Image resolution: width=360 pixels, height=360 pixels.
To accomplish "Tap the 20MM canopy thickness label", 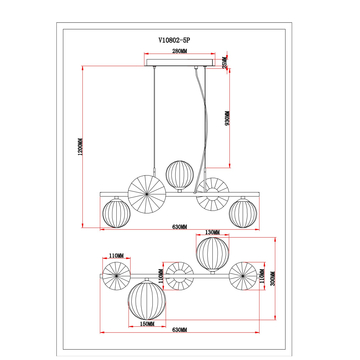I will [225, 64].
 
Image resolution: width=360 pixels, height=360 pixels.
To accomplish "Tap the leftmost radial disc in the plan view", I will [115, 274].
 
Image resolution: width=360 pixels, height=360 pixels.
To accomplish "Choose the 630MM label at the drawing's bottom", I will [180, 331].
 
